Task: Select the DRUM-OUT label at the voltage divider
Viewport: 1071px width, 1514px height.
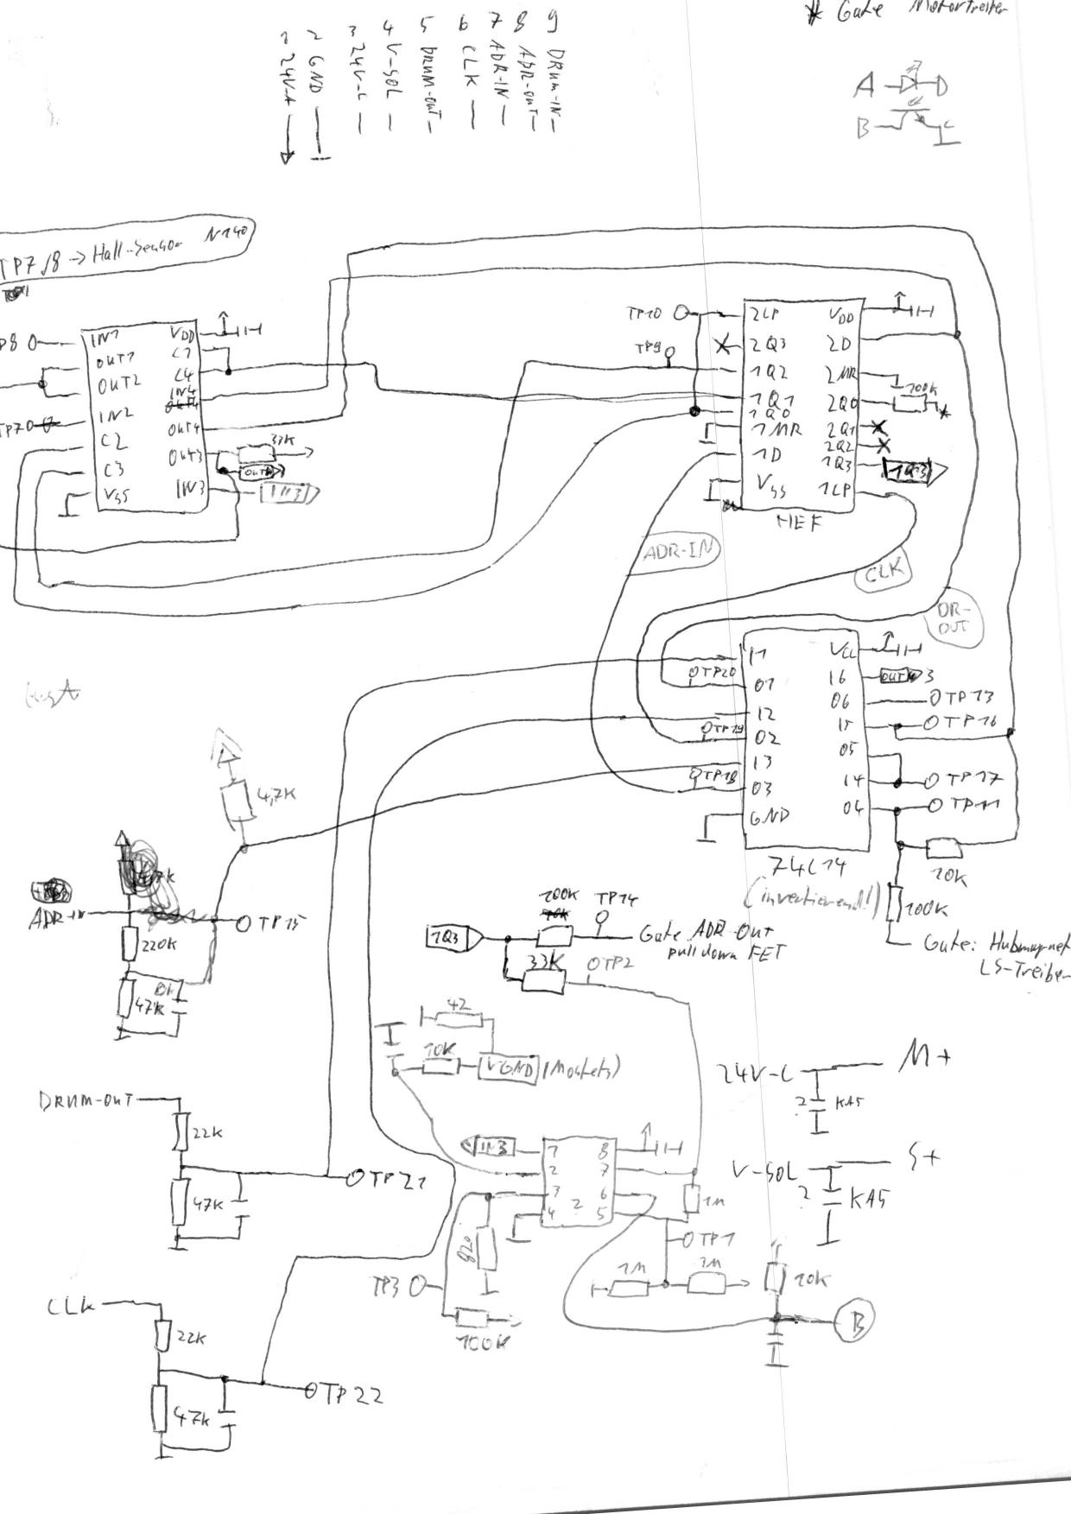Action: click(x=86, y=1100)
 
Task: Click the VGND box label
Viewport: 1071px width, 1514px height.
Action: click(x=509, y=1068)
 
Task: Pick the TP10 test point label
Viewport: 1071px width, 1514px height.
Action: click(x=644, y=314)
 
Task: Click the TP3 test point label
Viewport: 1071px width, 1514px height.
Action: click(x=384, y=1287)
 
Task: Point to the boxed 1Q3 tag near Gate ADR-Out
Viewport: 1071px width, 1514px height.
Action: click(x=447, y=937)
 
